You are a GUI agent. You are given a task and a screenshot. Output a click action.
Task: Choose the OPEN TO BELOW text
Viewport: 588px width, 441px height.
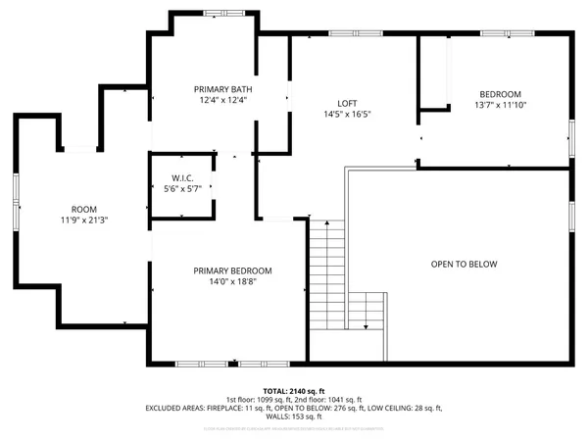pos(465,265)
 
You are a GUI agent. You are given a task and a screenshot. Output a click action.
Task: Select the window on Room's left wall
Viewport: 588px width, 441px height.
pos(16,217)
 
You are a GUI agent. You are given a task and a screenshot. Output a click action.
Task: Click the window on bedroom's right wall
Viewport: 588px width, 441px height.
pos(571,137)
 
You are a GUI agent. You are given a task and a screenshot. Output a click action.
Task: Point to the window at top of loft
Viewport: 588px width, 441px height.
pos(342,34)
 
